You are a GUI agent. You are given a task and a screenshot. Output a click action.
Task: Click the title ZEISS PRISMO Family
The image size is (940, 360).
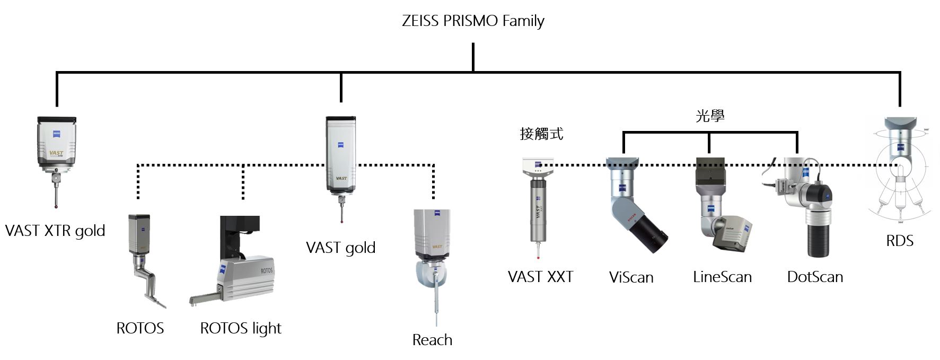[x=473, y=21]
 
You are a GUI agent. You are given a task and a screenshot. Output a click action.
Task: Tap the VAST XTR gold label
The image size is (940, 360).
[x=55, y=231]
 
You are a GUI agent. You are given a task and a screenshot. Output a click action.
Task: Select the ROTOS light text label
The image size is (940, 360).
[x=240, y=329]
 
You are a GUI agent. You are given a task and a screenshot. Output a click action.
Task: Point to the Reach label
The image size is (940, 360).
[x=432, y=340]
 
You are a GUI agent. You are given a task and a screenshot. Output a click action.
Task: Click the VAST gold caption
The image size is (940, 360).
[x=340, y=248]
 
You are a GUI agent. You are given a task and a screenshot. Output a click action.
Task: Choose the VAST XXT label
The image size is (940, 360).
[x=540, y=277]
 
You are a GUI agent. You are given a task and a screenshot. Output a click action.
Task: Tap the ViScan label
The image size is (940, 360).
[x=631, y=277]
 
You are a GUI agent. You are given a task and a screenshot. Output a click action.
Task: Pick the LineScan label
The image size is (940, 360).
[x=722, y=277]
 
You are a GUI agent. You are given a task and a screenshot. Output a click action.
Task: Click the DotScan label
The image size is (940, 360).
[x=815, y=277]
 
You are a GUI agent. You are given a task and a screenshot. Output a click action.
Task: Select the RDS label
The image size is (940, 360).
[x=900, y=241]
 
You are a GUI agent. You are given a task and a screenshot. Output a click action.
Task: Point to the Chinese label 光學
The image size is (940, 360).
[x=710, y=116]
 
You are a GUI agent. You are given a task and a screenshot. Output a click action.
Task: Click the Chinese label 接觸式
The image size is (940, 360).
[x=541, y=134]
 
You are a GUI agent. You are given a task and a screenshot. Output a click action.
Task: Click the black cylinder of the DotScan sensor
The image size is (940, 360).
[x=817, y=236]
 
